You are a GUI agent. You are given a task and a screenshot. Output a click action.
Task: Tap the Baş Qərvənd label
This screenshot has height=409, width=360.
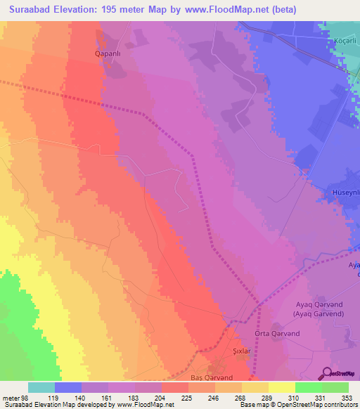click(x=211, y=377)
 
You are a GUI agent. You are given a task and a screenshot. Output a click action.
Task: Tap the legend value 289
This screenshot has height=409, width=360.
click(x=265, y=397)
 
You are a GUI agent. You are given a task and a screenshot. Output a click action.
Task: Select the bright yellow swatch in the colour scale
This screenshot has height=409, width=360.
click(x=281, y=387)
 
